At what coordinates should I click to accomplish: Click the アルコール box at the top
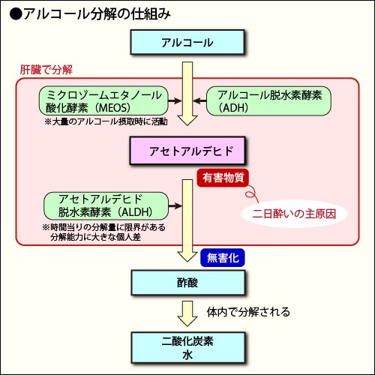pos(187,42)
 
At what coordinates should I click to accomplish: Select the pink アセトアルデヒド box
pos(187,151)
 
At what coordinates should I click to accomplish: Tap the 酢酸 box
pos(188,283)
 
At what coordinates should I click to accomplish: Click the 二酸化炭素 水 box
pos(188,347)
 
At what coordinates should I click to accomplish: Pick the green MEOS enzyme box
pos(103,100)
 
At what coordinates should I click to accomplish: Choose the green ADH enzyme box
pos(268,100)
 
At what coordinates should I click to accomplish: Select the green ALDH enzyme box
pos(106,205)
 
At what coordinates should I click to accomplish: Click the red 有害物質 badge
pos(223,178)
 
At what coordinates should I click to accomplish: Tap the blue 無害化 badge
pos(223,257)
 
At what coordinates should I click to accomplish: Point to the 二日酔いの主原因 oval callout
pos(294,214)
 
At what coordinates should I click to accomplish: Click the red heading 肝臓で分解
pos(46,70)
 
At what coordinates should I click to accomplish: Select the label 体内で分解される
pos(248,312)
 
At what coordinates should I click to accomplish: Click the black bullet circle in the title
pos(16,14)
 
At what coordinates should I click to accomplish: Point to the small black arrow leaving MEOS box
pos(175,100)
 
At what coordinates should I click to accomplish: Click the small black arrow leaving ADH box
pos(199,101)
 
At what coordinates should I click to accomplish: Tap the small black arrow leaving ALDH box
pos(175,205)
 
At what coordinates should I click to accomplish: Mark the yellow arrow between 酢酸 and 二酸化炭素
pos(187,313)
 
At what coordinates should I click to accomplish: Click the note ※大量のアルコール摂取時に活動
pos(106,121)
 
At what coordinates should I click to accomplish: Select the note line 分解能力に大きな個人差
pos(95,237)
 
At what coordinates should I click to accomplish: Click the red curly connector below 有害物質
pos(252,194)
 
